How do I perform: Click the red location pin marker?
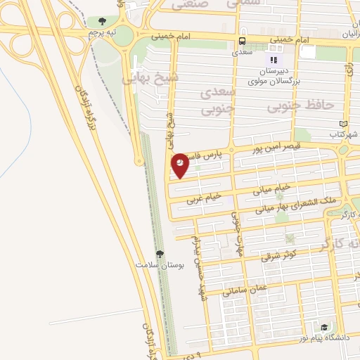(x=180, y=163)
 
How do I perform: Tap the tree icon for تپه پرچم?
(x=103, y=21)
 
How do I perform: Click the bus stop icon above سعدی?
(x=243, y=41)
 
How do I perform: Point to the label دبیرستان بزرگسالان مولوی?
(x=275, y=76)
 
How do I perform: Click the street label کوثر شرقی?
(x=279, y=256)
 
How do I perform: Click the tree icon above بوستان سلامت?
(x=161, y=254)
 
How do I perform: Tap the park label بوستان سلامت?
(x=160, y=266)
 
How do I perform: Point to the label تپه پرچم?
(x=102, y=32)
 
